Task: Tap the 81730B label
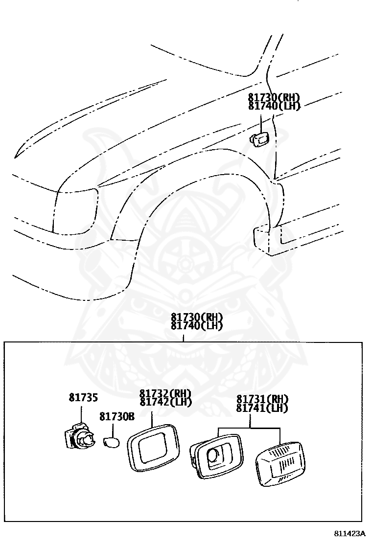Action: pyautogui.click(x=116, y=416)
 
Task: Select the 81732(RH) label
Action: pyautogui.click(x=165, y=393)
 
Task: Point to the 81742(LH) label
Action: pyautogui.click(x=165, y=402)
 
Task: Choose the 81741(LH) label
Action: pyautogui.click(x=262, y=408)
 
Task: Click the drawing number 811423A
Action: pyautogui.click(x=351, y=533)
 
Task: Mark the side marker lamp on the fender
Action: pyautogui.click(x=259, y=139)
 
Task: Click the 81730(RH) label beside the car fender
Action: pyautogui.click(x=274, y=98)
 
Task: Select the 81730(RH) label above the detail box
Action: pyautogui.click(x=197, y=317)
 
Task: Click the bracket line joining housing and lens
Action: pyautogui.click(x=250, y=428)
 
